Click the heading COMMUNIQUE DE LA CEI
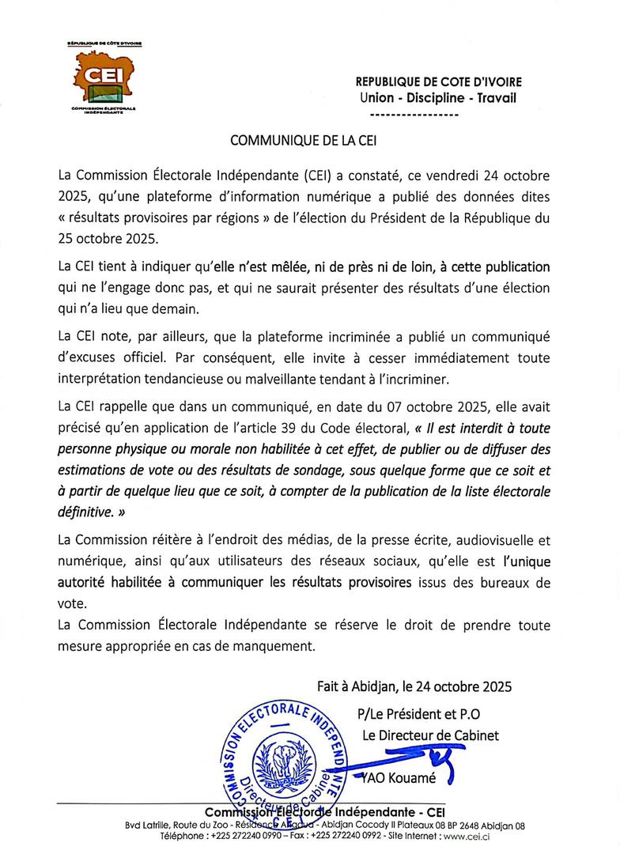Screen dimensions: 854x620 [x=304, y=141]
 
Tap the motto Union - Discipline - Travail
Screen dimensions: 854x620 [x=437, y=98]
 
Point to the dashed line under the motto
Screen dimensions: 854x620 [x=414, y=115]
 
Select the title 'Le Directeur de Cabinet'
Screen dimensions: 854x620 [x=430, y=735]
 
